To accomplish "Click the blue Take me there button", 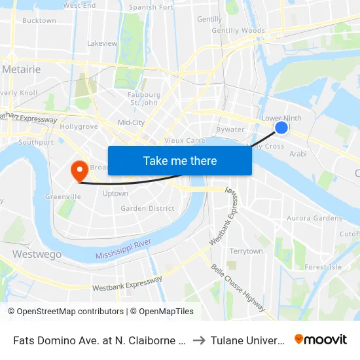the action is [180, 160].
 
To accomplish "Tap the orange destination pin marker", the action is [80, 171].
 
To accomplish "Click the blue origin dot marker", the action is [281, 128].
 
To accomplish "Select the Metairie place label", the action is [22, 69].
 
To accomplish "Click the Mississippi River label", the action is [123, 249].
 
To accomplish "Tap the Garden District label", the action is [147, 209].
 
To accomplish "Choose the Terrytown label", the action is [245, 251].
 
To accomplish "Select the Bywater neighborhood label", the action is [230, 130].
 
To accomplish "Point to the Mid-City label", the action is [131, 122].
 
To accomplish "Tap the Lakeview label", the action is [102, 43].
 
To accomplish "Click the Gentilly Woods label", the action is [238, 30].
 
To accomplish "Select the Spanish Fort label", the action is [151, 7].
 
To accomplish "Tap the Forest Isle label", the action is [323, 266].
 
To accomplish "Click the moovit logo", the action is [321, 339].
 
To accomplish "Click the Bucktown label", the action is [39, 20].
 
